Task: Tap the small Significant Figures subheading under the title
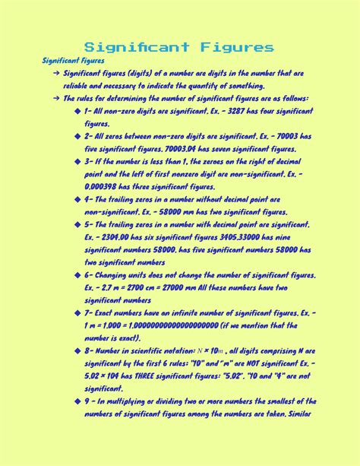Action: (74, 60)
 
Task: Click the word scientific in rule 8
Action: (161, 350)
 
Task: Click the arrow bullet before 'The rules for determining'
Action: (57, 99)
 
